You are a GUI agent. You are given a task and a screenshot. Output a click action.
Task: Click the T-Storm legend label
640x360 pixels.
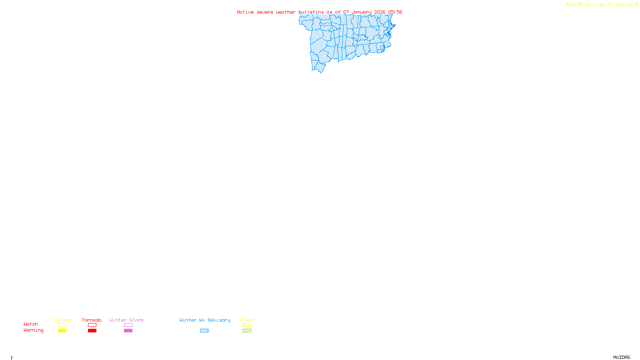click(62, 320)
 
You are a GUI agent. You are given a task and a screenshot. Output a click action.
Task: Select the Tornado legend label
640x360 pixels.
click(92, 320)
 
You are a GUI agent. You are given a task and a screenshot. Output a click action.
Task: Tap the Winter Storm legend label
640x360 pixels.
click(126, 320)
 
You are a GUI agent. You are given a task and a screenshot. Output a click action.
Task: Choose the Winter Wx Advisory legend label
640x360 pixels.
click(205, 320)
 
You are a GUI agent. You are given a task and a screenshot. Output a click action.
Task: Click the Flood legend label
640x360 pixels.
click(247, 320)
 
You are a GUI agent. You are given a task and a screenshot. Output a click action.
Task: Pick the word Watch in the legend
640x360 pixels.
click(31, 324)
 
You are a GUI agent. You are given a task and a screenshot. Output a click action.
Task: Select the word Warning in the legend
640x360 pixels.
click(34, 330)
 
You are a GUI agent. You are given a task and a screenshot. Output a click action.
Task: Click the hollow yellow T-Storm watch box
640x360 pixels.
click(62, 325)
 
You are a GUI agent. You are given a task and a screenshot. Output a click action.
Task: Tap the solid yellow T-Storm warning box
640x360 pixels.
click(62, 331)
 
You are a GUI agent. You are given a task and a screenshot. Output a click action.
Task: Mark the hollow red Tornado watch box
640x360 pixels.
click(92, 325)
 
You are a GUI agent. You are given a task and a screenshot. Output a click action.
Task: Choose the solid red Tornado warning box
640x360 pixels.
click(92, 331)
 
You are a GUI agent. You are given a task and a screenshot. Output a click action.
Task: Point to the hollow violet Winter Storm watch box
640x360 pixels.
click(128, 325)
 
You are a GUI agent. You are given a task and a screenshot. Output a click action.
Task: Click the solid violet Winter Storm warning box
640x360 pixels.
click(128, 331)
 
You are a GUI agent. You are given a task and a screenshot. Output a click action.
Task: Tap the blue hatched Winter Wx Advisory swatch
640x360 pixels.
click(204, 331)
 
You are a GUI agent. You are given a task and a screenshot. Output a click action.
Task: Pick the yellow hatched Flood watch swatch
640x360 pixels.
click(247, 325)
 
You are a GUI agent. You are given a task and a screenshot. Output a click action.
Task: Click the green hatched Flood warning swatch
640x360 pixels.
click(247, 331)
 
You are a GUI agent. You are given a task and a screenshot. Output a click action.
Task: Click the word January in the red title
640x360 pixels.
click(362, 12)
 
